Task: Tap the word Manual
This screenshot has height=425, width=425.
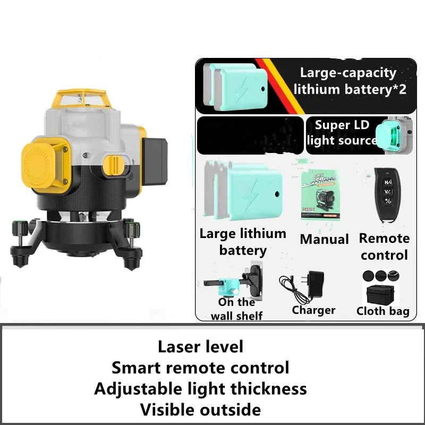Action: pos(324,240)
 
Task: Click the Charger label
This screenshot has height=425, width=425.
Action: pos(313,310)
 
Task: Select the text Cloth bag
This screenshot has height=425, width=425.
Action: pos(383,311)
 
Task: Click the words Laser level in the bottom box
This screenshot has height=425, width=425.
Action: pos(200,346)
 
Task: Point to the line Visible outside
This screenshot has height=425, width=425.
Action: pos(200,410)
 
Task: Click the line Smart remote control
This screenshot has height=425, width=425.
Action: pos(200,367)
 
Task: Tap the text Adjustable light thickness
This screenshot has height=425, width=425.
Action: pos(200,388)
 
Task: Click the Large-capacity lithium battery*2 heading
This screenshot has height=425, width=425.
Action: pos(350,81)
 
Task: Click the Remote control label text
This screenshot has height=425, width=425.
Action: pos(384,246)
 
